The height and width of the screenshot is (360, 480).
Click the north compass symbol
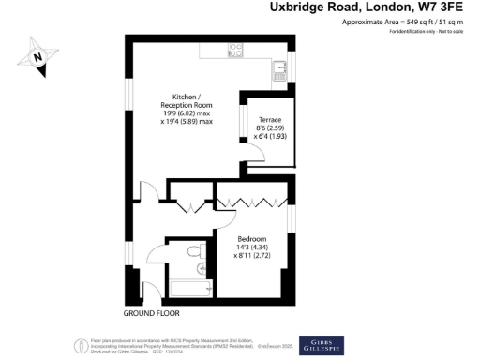coord(38,57)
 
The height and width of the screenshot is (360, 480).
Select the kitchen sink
coord(278,70)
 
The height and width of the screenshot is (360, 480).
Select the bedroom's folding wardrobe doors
coord(252,202)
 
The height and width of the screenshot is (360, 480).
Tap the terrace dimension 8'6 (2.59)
coord(268,128)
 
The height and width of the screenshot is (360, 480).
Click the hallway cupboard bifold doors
coord(195,205)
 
